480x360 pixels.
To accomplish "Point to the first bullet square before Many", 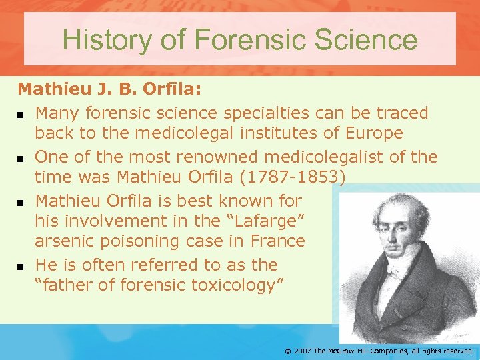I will coord(21,114).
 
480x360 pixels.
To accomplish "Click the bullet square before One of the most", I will coord(21,159).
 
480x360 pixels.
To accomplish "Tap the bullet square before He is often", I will coord(21,266).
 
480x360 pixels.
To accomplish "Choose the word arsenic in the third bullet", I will coord(67,241).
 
